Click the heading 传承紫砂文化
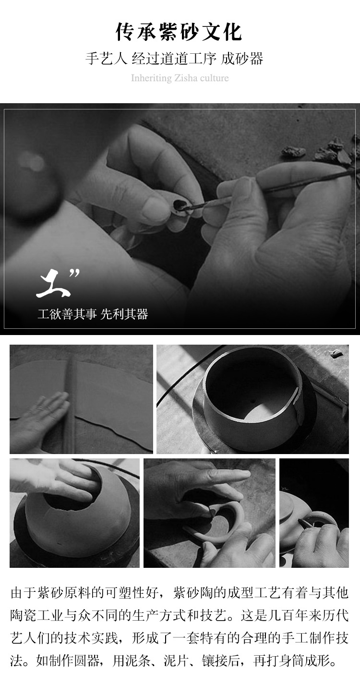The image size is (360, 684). (x=179, y=33)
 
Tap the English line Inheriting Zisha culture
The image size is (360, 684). (x=180, y=78)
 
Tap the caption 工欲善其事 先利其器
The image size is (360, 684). (x=93, y=314)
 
